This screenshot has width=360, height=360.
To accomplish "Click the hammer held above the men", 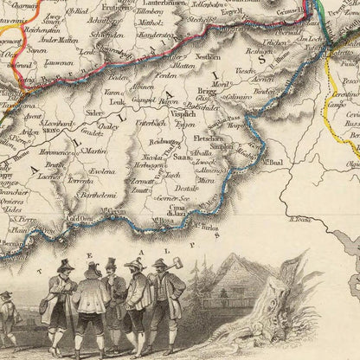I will pos(177,261).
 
